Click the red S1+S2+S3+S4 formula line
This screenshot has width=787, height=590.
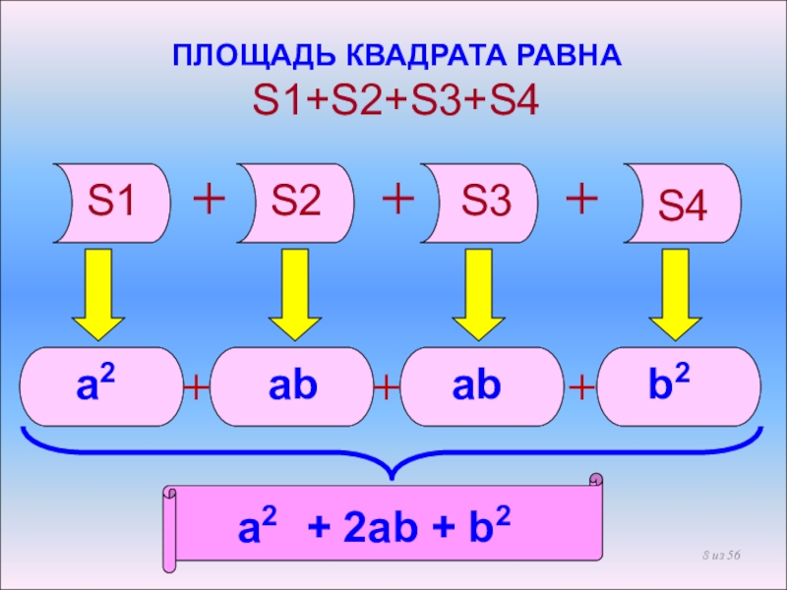point(396,100)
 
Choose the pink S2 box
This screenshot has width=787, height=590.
point(296,203)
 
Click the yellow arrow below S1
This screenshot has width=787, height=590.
point(96,294)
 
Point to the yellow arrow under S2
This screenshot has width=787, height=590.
point(295,294)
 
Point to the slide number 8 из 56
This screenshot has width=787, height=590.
point(721,559)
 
